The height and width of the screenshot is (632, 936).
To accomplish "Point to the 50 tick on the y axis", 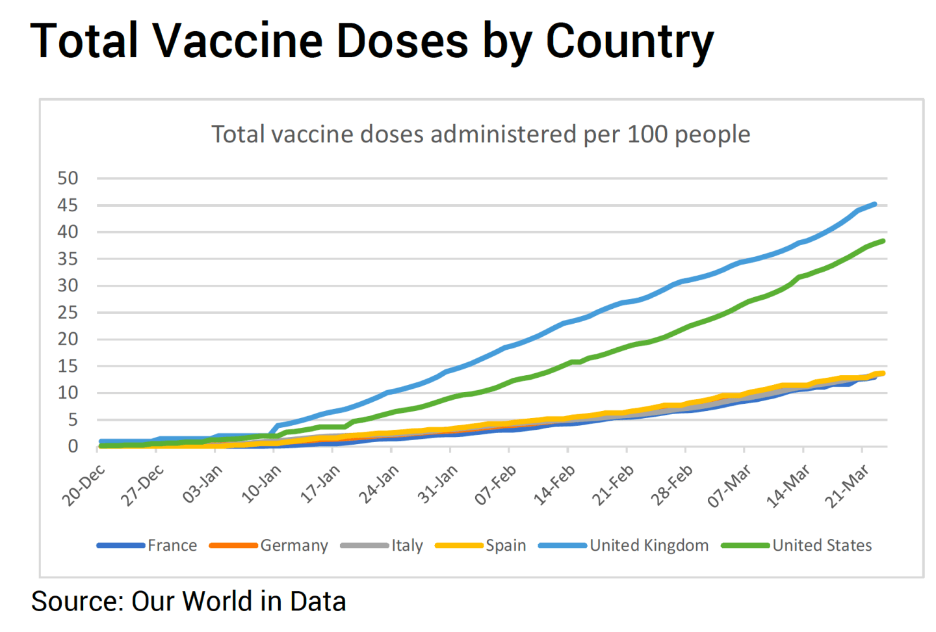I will pyautogui.click(x=68, y=178).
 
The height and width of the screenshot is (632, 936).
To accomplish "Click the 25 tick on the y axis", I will pyautogui.click(x=68, y=313).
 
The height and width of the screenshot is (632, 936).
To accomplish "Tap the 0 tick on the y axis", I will pyautogui.click(x=73, y=447).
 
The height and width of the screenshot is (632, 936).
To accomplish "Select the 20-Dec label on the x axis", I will pyautogui.click(x=84, y=485).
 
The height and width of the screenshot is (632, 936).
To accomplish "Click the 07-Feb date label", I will pyautogui.click(x=496, y=485).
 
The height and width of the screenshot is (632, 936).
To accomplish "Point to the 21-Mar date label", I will pyautogui.click(x=847, y=485).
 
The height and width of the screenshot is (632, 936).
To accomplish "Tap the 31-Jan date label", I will pyautogui.click(x=437, y=485).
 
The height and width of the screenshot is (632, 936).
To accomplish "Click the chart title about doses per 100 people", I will pyautogui.click(x=481, y=135).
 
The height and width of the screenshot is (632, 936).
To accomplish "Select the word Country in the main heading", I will pyautogui.click(x=629, y=40).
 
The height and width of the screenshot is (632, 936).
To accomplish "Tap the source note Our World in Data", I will pyautogui.click(x=188, y=601).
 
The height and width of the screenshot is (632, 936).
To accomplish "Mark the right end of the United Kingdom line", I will pyautogui.click(x=875, y=204).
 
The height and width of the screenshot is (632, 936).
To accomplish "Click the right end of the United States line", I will pyautogui.click(x=883, y=241).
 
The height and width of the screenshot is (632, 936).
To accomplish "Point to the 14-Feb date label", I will pyautogui.click(x=554, y=485).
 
